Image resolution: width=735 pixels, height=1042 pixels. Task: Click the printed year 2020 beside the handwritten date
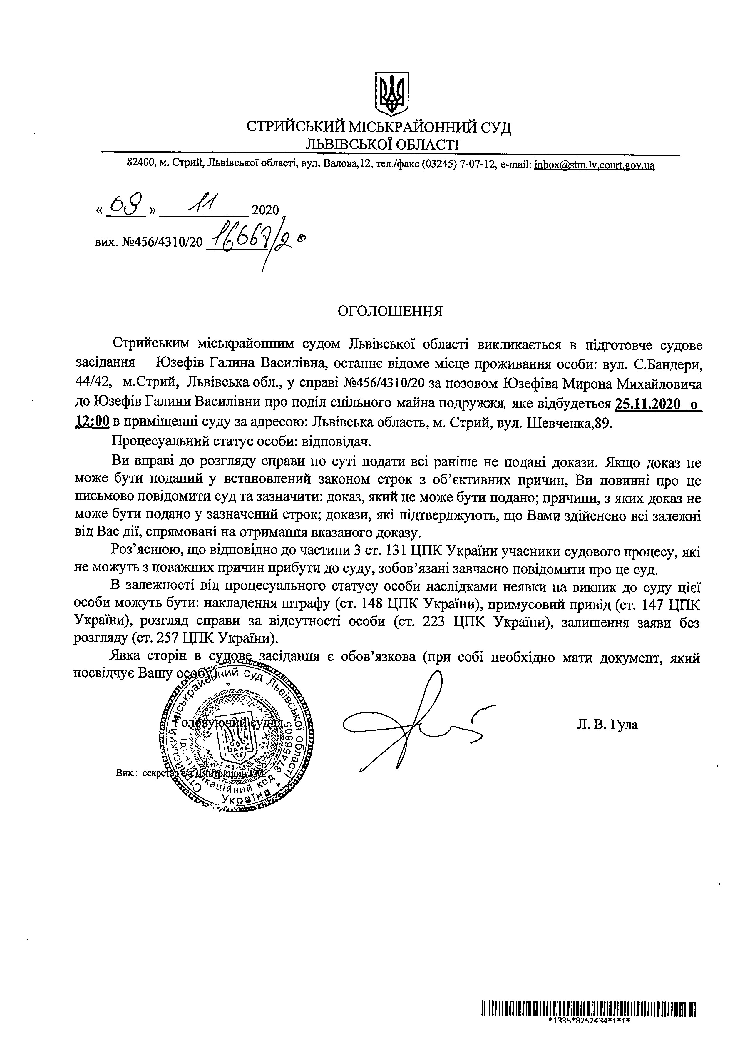point(265,210)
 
